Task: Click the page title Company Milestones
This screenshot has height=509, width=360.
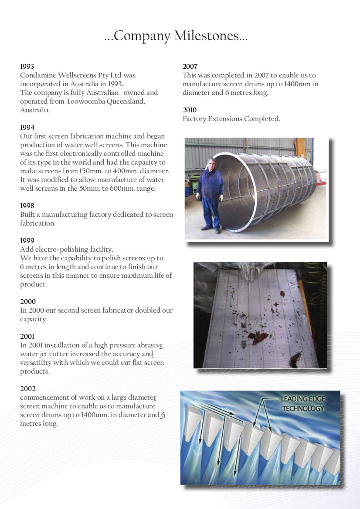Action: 176,36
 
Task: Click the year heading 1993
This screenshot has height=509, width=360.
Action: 27,67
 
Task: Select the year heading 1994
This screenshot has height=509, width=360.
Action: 27,128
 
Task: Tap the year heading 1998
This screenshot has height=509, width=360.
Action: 27,206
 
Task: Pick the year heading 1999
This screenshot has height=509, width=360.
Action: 27,240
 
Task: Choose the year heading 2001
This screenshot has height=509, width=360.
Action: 27,336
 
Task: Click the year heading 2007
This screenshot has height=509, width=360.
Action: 190,67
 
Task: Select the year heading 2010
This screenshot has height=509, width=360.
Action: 190,110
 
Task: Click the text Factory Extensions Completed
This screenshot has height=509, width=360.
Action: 231,119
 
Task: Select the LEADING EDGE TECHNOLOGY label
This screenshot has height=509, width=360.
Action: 303,404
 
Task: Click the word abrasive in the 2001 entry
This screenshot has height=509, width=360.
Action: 149,345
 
